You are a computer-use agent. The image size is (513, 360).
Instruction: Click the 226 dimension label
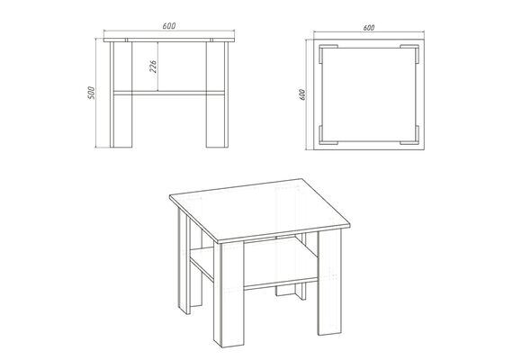click(x=153, y=66)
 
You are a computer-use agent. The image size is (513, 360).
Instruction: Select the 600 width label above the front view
click(x=169, y=26)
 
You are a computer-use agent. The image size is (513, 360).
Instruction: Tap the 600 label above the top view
click(x=369, y=28)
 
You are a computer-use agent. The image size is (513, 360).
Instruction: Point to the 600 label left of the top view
click(x=302, y=94)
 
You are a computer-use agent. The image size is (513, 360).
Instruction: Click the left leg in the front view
click(x=121, y=94)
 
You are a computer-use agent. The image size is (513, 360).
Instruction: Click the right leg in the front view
click(x=217, y=94)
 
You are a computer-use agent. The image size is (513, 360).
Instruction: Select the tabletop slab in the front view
click(x=169, y=40)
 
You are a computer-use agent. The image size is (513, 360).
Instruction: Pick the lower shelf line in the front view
click(x=169, y=93)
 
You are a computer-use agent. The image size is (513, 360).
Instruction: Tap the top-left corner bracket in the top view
click(x=321, y=49)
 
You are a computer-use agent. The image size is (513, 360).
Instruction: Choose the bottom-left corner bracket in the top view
click(x=321, y=140)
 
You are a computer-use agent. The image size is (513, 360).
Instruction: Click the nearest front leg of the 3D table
click(x=229, y=294)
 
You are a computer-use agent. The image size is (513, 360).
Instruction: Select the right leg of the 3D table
click(x=329, y=282)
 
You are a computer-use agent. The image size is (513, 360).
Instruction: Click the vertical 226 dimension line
click(x=158, y=67)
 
